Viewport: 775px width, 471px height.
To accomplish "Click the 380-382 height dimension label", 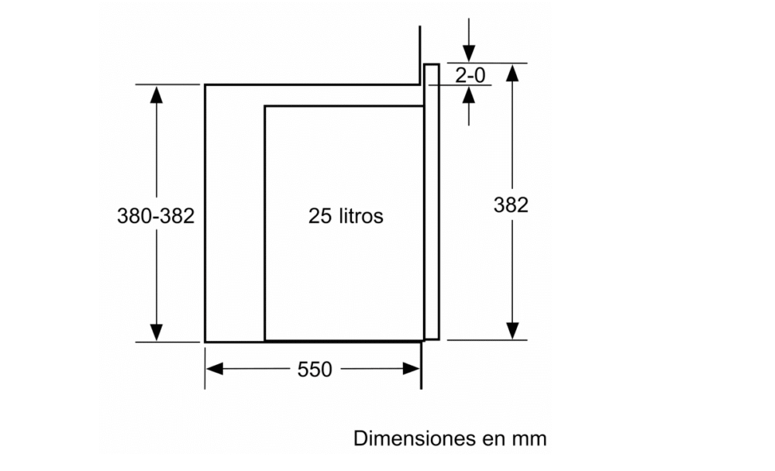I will tap(155, 216).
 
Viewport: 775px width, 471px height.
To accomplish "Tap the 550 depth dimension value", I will tap(314, 370).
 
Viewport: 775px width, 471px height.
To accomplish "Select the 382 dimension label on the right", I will tap(511, 205).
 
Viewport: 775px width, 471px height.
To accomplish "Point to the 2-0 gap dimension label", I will tap(470, 75).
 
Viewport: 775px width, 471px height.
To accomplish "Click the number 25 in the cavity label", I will tap(320, 216).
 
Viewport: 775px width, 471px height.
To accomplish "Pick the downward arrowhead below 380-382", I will tap(157, 331).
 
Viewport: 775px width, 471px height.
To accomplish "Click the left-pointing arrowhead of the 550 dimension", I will tap(215, 370).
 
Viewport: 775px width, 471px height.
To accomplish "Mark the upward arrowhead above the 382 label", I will tap(511, 74).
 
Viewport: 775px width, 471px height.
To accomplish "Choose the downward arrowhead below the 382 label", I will tap(511, 330).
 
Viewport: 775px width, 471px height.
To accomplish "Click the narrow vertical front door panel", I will tap(432, 201).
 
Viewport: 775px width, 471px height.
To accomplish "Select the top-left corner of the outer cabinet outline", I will tap(205, 84).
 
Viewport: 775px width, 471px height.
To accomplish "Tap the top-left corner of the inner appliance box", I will tap(265, 106).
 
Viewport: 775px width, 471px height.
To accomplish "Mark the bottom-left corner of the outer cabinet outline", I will tap(205, 341).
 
